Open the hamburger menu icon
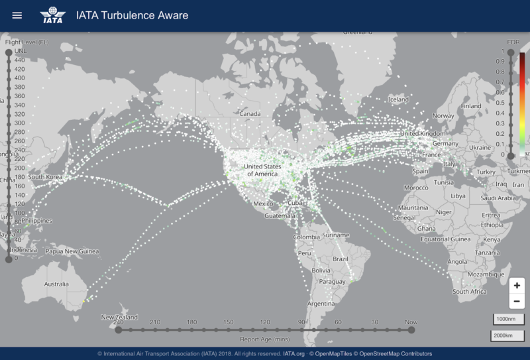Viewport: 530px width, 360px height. (17, 15)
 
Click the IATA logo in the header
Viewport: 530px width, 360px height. (52, 15)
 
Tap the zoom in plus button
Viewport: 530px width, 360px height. (517, 286)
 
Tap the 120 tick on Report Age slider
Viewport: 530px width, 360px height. (265, 329)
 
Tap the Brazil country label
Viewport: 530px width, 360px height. (341, 259)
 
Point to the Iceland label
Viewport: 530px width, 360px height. (398, 99)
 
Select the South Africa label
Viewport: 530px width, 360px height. (469, 292)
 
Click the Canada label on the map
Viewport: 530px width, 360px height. (250, 114)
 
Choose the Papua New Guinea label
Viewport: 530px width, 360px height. (71, 251)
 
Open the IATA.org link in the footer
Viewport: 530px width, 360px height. (293, 353)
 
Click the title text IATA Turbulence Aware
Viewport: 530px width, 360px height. (132, 15)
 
